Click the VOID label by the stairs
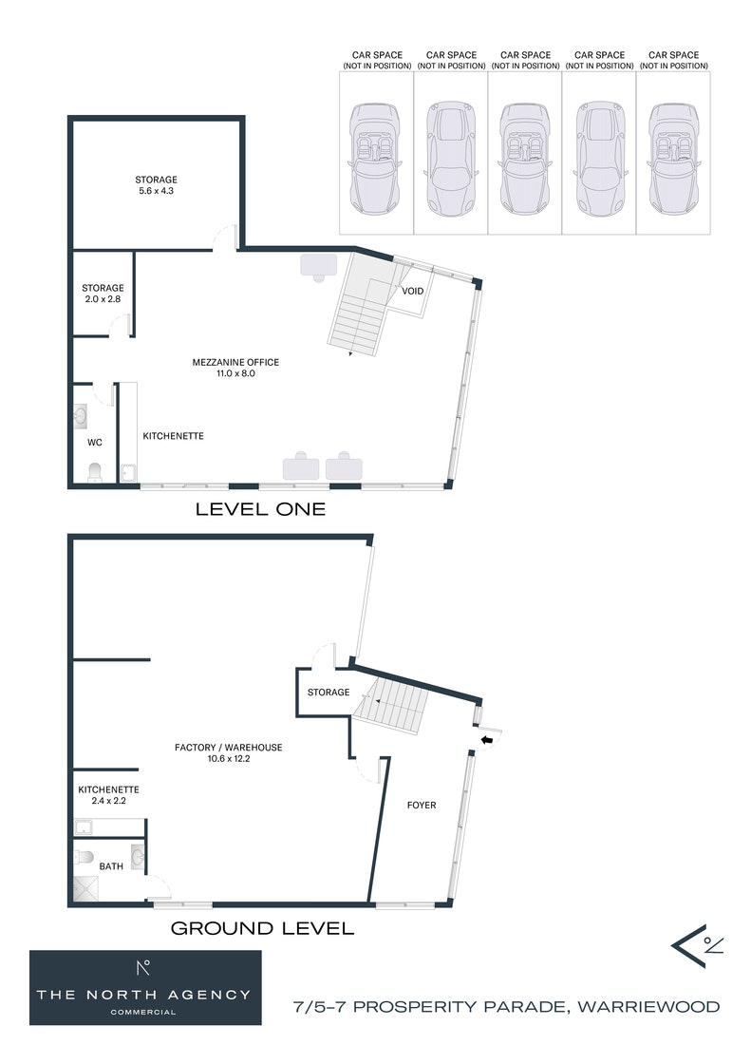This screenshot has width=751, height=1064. (412, 291)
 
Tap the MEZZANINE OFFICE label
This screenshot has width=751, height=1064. (235, 362)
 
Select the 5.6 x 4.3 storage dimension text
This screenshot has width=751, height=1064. (156, 191)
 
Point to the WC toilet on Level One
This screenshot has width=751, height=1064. (94, 471)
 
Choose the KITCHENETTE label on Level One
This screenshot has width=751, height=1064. (173, 436)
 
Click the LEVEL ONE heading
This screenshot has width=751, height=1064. (260, 509)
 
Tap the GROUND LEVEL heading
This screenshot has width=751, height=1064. (262, 928)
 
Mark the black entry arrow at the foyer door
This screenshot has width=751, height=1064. (486, 740)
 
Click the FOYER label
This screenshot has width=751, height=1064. (422, 805)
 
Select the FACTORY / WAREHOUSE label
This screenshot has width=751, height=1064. (229, 747)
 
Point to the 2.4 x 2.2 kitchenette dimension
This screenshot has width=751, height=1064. (108, 801)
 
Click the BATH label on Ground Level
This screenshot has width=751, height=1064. (111, 865)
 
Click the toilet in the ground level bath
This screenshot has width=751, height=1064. (84, 857)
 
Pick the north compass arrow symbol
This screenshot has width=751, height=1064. (697, 945)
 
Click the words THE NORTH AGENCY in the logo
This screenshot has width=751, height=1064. (143, 995)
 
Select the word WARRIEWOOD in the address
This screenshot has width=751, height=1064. (648, 1006)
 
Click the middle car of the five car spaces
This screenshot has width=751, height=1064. (525, 159)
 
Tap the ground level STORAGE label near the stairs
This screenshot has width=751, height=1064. (329, 693)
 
